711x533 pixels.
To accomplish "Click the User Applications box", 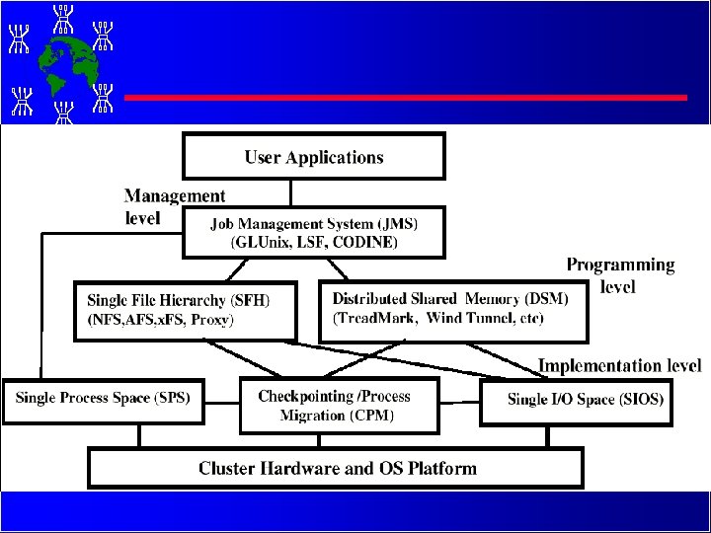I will [x=314, y=157].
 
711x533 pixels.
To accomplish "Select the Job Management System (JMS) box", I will [x=314, y=232].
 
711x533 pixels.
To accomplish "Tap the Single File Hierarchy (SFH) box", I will [x=186, y=310].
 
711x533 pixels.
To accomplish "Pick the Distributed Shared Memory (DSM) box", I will [x=453, y=310].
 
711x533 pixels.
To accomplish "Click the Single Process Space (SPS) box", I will [x=102, y=399].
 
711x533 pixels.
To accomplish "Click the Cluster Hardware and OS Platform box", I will [x=337, y=469].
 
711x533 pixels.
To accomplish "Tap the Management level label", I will [x=174, y=206].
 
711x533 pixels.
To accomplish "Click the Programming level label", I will [x=620, y=275].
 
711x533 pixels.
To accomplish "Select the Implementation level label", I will [x=619, y=366].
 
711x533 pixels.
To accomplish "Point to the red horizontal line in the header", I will [x=405, y=98].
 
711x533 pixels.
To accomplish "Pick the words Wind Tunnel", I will [x=466, y=319].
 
